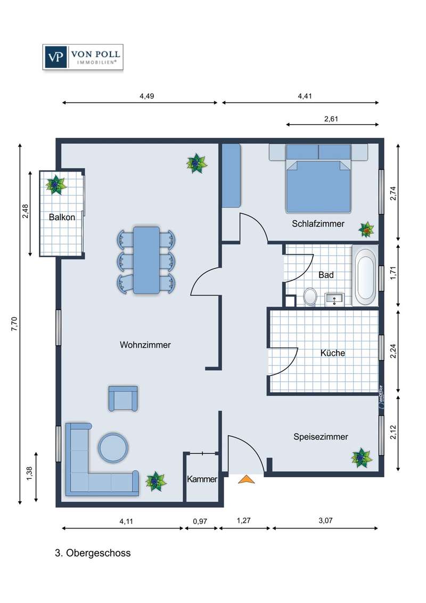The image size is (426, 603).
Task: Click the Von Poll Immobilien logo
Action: (83, 57)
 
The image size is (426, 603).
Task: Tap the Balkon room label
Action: (62, 217)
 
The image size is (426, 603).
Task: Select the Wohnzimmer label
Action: (145, 345)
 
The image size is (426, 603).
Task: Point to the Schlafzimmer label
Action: (318, 224)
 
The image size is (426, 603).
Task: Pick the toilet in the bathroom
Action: (310, 297)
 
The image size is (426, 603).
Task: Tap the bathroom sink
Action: (334, 299)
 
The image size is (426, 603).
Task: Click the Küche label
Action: (333, 353)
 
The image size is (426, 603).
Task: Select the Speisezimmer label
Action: (321, 437)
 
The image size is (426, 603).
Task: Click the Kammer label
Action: (202, 479)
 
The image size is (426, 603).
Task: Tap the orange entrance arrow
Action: (246, 479)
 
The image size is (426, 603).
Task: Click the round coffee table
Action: (113, 447)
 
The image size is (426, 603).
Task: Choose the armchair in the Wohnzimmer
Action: (123, 398)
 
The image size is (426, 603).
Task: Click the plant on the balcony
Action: (56, 185)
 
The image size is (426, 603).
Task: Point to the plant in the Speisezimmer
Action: (362, 458)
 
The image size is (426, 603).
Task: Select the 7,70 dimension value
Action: (14, 324)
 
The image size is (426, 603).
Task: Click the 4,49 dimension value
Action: (147, 96)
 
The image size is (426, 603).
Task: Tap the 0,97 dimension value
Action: (200, 521)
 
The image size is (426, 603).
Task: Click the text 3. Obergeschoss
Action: (93, 553)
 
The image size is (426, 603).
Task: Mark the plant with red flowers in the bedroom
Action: (366, 230)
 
